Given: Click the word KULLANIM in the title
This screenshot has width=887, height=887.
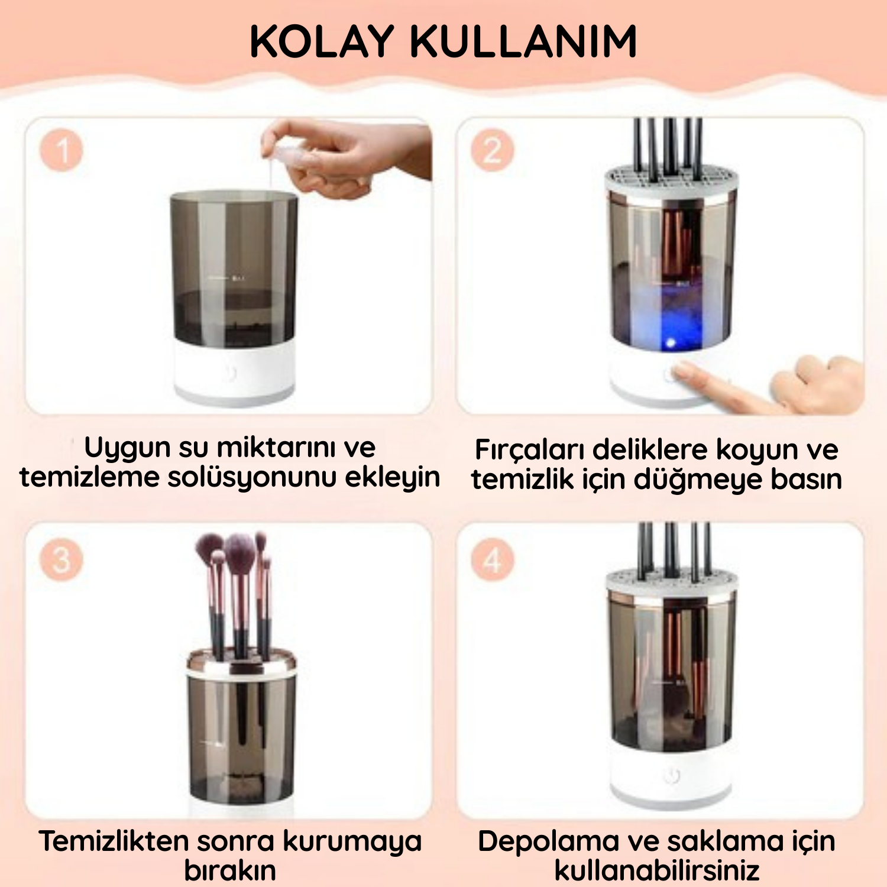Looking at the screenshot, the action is pos(523,41).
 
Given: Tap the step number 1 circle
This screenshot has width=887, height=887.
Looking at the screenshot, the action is pos(61,150).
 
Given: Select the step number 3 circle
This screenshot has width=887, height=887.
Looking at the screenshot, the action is pos(61,559).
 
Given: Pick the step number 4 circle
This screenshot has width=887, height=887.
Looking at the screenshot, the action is pos(493,559).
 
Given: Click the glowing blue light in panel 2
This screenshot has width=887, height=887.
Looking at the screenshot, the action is pos(671,342).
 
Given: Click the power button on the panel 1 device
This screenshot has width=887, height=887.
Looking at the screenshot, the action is pos(231,373).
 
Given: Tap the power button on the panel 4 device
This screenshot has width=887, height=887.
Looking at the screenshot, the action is pos(672,775).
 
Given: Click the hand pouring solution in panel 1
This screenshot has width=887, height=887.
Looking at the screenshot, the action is pos(349,157).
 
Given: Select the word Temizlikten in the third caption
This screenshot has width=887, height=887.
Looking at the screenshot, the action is pos(114,840).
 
